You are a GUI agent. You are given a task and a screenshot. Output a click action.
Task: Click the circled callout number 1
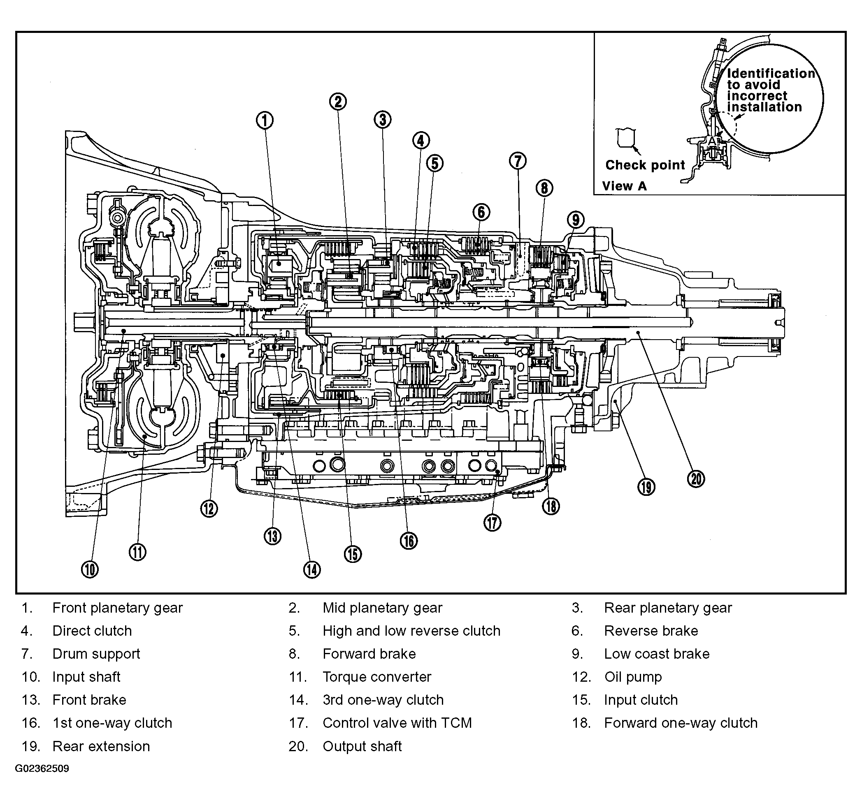point(265,120)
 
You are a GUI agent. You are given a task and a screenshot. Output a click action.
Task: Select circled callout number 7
point(518,161)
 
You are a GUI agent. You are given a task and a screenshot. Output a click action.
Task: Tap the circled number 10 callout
point(90,569)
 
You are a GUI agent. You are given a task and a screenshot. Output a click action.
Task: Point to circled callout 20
point(696,479)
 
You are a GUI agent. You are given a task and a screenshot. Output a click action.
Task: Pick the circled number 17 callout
point(492,523)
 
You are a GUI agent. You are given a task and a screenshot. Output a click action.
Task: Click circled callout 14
point(312,569)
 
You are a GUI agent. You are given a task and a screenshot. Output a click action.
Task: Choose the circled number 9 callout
point(575,220)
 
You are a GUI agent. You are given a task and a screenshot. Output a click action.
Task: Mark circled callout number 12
point(209,509)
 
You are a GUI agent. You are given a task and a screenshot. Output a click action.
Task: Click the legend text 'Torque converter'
point(377,677)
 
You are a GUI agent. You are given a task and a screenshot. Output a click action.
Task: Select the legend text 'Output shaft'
point(362,746)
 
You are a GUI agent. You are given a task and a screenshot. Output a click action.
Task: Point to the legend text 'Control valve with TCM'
point(397,723)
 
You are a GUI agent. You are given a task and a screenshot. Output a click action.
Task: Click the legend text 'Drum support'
point(96,654)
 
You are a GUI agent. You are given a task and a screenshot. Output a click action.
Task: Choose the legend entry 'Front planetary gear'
point(118,608)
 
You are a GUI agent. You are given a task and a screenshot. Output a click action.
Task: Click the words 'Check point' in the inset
point(645,165)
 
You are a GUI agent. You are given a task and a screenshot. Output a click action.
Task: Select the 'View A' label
point(625,186)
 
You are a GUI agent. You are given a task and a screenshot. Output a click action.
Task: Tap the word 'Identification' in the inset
point(771,73)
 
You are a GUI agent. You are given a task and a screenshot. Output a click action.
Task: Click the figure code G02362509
point(42,769)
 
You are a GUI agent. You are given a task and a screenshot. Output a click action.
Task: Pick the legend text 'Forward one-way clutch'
point(681,723)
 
